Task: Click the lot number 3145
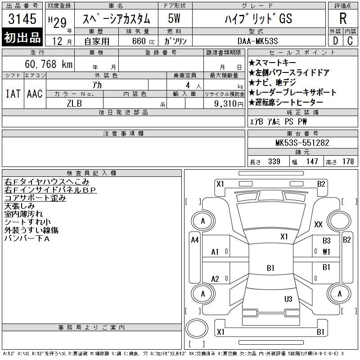tap(22, 18)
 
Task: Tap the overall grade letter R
tap(343, 18)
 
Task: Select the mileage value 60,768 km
tap(49, 64)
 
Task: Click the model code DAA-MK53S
tap(257, 41)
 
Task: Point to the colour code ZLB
tap(74, 103)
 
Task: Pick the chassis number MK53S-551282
tap(302, 143)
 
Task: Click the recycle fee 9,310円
tap(229, 104)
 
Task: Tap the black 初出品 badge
tap(22, 37)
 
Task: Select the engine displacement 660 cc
tap(143, 41)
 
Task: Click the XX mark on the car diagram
tap(318, 224)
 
